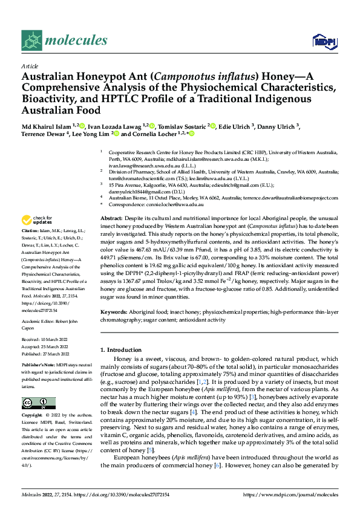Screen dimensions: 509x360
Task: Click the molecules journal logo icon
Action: coord(31,41)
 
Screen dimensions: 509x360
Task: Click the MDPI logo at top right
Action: coord(322,41)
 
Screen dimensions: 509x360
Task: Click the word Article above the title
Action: coord(30,66)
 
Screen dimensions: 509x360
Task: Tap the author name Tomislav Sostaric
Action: coord(182,126)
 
